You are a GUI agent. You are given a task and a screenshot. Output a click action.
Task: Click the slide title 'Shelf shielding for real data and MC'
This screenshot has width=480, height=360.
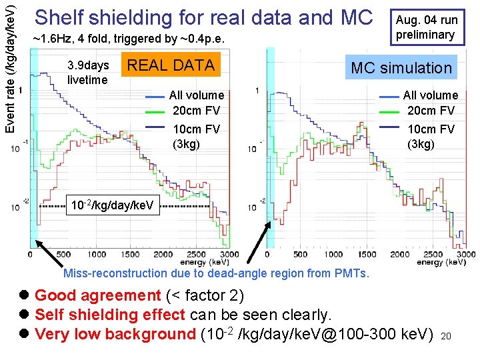(x=203, y=17)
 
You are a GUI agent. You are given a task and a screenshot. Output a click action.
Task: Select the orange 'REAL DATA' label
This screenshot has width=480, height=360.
(x=171, y=65)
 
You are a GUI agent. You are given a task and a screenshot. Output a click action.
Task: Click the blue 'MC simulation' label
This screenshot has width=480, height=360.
(x=401, y=67)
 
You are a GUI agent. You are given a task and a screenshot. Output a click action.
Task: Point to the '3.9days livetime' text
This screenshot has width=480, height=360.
(x=87, y=73)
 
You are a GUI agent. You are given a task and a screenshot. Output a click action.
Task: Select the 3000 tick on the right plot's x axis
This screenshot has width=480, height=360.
(x=466, y=255)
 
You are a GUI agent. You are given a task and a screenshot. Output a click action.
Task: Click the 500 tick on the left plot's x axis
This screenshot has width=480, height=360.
(x=63, y=255)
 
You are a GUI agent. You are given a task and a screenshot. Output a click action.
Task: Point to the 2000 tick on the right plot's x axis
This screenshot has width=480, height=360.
(x=399, y=255)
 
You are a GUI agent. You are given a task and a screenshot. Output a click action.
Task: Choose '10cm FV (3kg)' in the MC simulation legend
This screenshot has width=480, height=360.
(x=425, y=136)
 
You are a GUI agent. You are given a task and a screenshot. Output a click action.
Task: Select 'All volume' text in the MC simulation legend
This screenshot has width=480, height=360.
(x=430, y=95)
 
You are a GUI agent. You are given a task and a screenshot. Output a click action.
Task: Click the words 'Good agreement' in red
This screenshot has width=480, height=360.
(x=97, y=295)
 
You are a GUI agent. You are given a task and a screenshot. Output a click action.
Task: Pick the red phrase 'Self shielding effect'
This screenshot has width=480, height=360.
(x=111, y=314)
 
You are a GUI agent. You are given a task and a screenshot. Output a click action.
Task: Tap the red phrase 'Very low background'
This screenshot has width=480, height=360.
(x=114, y=334)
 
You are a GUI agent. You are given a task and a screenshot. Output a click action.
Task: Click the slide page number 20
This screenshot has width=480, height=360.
(x=446, y=337)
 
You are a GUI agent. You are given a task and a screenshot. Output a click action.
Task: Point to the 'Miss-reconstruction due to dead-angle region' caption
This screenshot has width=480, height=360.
(x=216, y=273)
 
